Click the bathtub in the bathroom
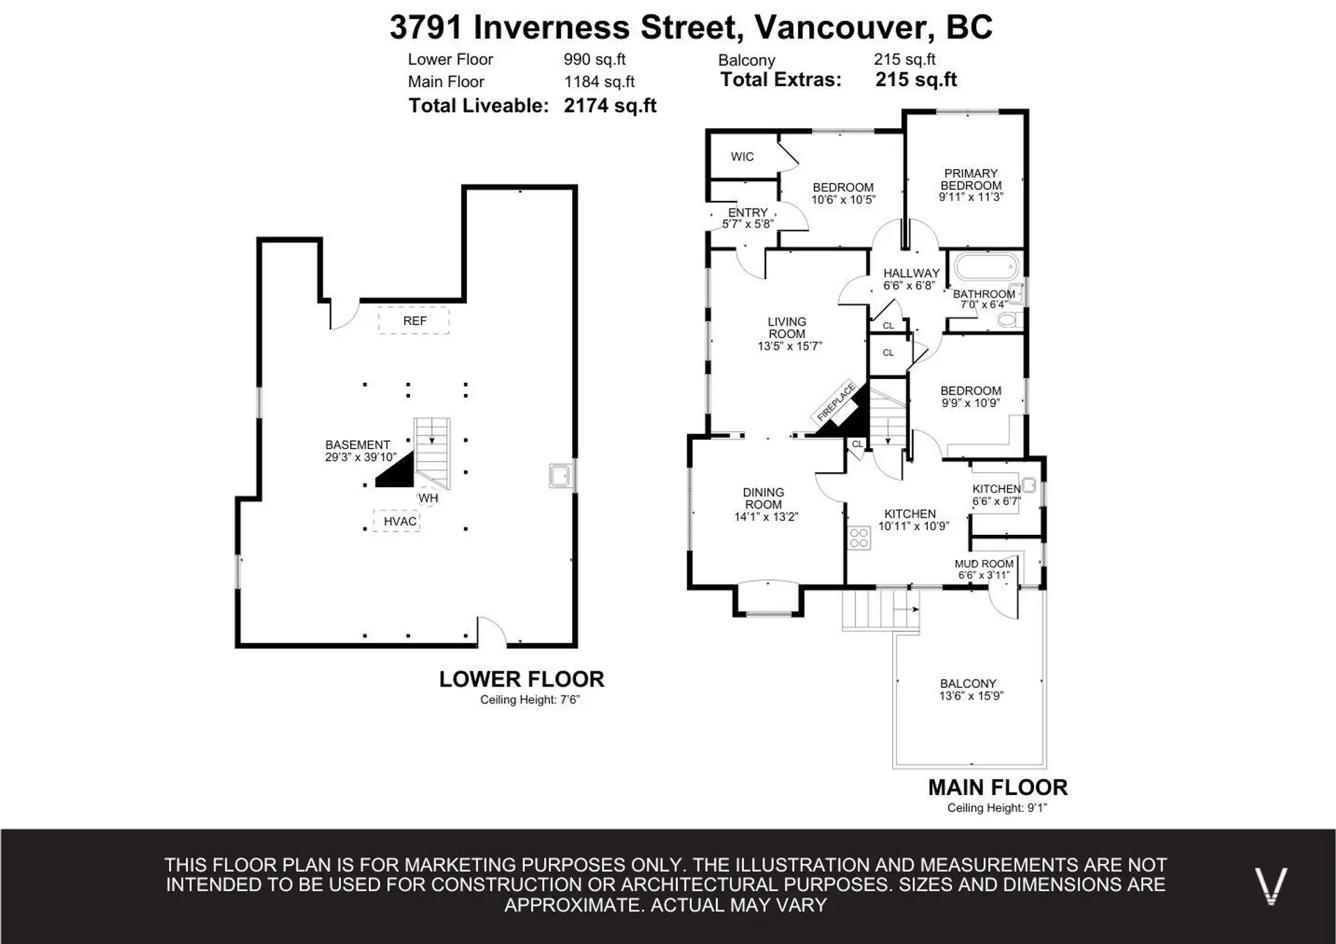click(986, 267)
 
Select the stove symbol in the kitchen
click(859, 538)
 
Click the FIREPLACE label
click(836, 402)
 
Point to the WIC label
click(742, 157)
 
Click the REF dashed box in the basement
click(414, 321)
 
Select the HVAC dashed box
click(397, 521)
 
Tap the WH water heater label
click(428, 497)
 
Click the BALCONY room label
click(968, 683)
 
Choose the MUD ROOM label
click(984, 563)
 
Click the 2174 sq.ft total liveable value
click(610, 106)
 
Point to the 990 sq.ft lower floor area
click(594, 60)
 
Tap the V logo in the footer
click(1271, 886)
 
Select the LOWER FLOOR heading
click(521, 679)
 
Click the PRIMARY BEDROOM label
click(971, 179)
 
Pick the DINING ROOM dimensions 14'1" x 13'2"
click(765, 517)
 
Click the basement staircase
click(432, 452)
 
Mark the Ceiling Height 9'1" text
click(996, 808)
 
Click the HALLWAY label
click(911, 273)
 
